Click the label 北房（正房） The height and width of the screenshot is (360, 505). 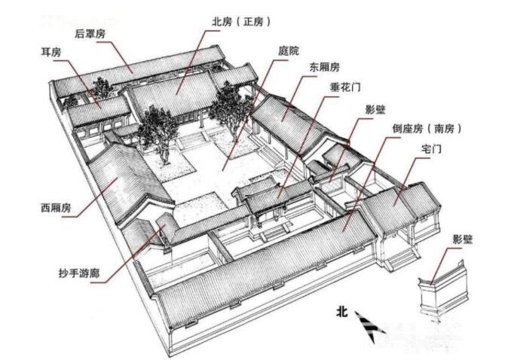pyautogui.click(x=241, y=22)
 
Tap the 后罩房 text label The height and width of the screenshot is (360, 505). pyautogui.click(x=90, y=34)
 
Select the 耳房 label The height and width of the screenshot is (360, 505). pyautogui.click(x=51, y=52)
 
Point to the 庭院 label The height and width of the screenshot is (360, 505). pyautogui.click(x=288, y=50)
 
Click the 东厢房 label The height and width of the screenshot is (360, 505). pyautogui.click(x=324, y=67)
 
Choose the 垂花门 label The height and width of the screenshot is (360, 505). pyautogui.click(x=345, y=87)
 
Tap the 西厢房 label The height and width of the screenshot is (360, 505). pyautogui.click(x=56, y=208)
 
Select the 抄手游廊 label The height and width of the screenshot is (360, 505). pyautogui.click(x=79, y=273)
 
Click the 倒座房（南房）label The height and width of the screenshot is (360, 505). pyautogui.click(x=427, y=129)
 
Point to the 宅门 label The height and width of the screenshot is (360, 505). pyautogui.click(x=431, y=149)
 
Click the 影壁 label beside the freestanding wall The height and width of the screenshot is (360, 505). pyautogui.click(x=463, y=239)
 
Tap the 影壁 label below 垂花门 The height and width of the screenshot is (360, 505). pyautogui.click(x=375, y=110)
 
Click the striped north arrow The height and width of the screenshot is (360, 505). pyautogui.click(x=369, y=325)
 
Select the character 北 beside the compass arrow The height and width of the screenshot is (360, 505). pyautogui.click(x=342, y=311)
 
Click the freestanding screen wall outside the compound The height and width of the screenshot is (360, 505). pyautogui.click(x=444, y=289)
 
